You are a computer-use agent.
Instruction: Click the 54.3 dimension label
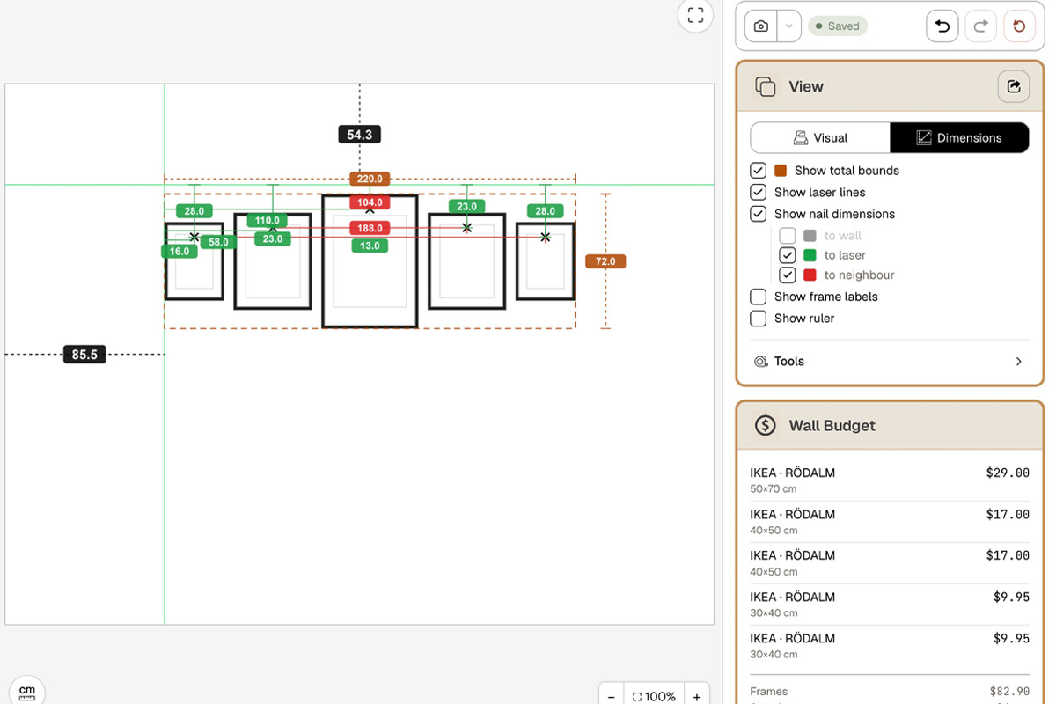[359, 135]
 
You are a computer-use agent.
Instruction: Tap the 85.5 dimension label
[84, 354]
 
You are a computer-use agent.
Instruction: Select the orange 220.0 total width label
[370, 179]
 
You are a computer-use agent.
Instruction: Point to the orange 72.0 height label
[605, 261]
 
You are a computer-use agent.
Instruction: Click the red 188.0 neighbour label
[370, 228]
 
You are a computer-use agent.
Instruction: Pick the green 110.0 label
[267, 220]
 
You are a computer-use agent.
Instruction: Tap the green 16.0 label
[180, 252]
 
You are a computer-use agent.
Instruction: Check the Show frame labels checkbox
[758, 297]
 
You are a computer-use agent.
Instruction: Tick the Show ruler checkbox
[758, 319]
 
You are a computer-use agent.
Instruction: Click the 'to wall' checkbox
[788, 235]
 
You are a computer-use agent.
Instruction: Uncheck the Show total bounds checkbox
[758, 170]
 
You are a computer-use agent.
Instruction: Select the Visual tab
[820, 137]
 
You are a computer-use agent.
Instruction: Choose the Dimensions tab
[959, 137]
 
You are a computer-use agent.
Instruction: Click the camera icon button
[760, 26]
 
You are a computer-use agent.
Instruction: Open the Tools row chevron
[1018, 361]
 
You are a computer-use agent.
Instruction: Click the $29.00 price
[1008, 473]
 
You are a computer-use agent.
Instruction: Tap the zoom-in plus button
[696, 696]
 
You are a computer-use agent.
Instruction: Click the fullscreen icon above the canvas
[695, 15]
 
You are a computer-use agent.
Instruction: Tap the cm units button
[27, 692]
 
